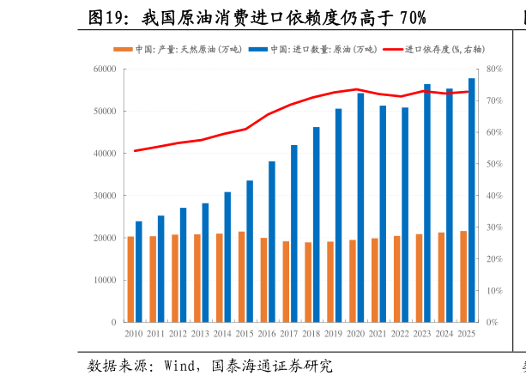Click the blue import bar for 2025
point(471,200)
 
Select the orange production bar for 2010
point(130,279)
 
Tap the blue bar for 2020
point(360,208)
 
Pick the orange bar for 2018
point(308,282)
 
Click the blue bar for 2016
point(272,242)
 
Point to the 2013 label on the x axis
point(200,334)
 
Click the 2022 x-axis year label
point(400,334)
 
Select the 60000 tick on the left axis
point(105,69)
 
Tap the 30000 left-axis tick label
point(105,196)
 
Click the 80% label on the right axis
point(494,69)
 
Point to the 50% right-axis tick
point(494,164)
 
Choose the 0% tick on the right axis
point(493,322)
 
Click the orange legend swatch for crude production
point(123,49)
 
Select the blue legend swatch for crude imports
point(258,49)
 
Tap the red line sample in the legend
point(393,49)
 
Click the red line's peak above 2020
point(357,89)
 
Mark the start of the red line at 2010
point(135,151)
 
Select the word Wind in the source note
point(179,366)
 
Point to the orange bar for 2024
point(441,277)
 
